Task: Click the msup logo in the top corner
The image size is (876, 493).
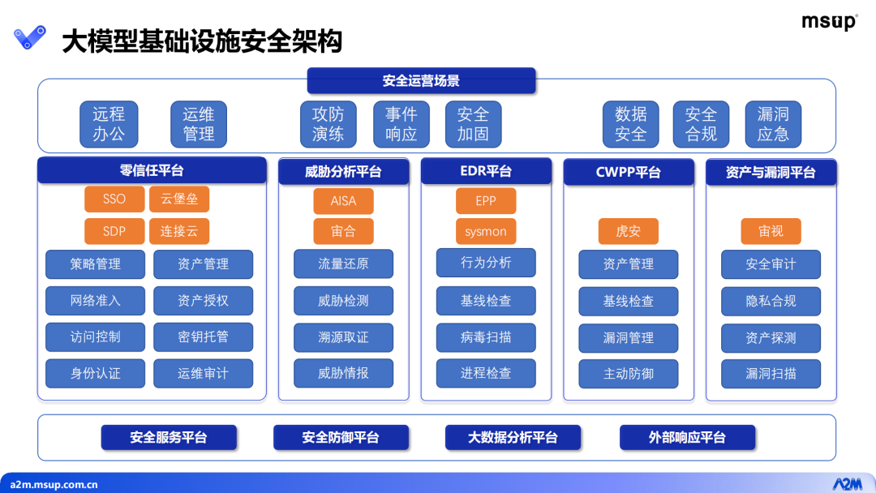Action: tap(829, 22)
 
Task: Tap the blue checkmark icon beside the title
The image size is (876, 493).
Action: tap(30, 37)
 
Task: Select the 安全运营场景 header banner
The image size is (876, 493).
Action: tap(421, 81)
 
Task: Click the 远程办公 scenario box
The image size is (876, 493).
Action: tap(109, 124)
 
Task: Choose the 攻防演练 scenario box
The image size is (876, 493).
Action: tap(328, 124)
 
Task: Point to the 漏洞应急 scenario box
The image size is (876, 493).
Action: tap(773, 124)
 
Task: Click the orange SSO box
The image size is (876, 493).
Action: tap(114, 199)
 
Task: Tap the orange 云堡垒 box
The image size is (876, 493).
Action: tap(179, 199)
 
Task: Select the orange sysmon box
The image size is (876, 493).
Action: tap(486, 231)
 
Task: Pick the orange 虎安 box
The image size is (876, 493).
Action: tap(629, 231)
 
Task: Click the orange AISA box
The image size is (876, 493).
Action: tap(344, 201)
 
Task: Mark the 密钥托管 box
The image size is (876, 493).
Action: tap(204, 337)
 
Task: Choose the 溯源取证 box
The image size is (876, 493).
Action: tap(344, 338)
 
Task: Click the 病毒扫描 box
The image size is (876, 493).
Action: tap(486, 338)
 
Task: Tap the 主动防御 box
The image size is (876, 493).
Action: tap(629, 374)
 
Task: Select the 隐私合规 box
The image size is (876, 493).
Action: tap(771, 302)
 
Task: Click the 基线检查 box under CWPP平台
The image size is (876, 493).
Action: tap(629, 302)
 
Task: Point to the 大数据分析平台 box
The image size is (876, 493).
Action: tap(513, 438)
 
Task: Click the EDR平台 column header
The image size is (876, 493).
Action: tap(486, 171)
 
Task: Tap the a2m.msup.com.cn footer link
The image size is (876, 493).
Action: tap(54, 485)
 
